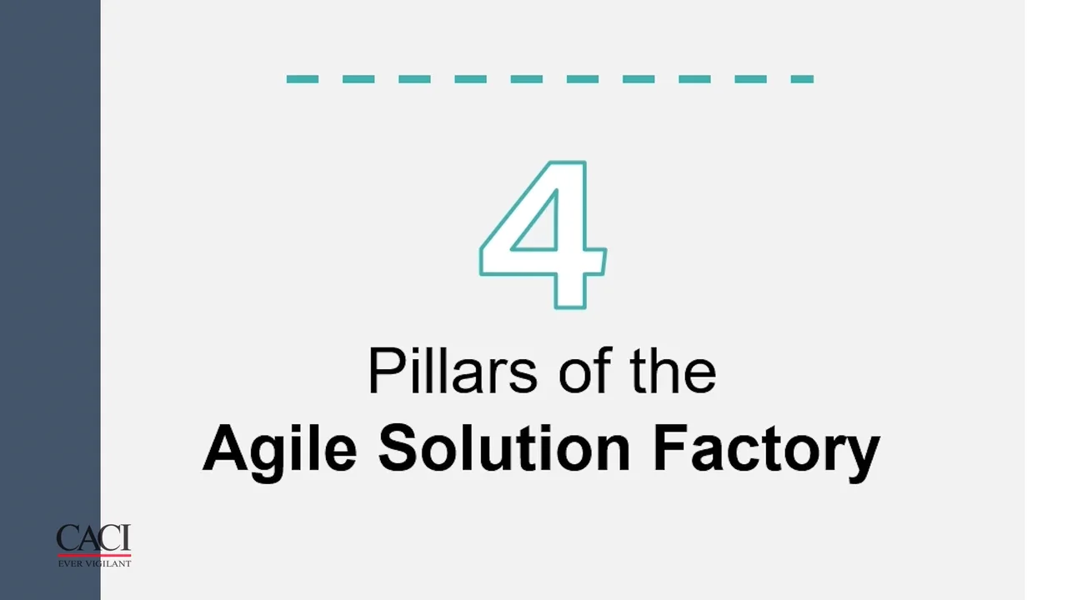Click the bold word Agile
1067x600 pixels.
(279, 448)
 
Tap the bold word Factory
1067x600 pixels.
(766, 448)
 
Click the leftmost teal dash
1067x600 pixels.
(302, 79)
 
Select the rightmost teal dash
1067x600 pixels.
(802, 79)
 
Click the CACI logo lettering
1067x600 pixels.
(93, 538)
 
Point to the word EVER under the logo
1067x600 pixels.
(69, 564)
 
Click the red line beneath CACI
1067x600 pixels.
(93, 555)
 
